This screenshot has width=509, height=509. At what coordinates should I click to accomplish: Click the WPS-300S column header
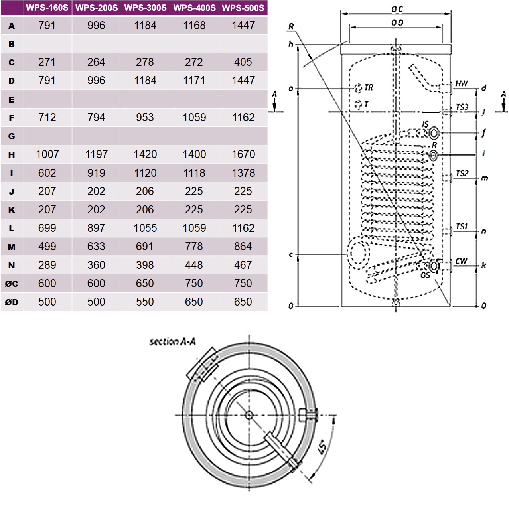(145, 8)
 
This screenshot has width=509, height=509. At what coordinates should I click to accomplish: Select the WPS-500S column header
(243, 8)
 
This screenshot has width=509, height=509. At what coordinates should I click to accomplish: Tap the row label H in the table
(12, 154)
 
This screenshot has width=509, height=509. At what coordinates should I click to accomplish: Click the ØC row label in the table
(12, 284)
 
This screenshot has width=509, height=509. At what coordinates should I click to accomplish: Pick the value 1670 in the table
(243, 154)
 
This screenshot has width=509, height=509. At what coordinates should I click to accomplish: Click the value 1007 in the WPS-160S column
(47, 154)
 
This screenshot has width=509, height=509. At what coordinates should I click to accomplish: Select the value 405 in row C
(243, 62)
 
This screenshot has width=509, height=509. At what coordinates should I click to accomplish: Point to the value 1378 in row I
(243, 173)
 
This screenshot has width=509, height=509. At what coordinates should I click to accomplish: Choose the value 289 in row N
(47, 265)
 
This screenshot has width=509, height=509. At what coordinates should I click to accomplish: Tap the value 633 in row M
(96, 247)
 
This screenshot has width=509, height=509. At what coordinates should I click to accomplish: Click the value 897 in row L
(96, 228)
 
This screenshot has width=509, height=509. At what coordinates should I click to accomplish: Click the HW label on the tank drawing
(462, 84)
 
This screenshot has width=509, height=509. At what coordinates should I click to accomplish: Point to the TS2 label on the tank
(462, 173)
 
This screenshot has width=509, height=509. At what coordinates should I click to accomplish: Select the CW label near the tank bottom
(461, 261)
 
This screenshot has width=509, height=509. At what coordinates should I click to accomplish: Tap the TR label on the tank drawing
(369, 88)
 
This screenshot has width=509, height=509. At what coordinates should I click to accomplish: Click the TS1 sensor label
(462, 227)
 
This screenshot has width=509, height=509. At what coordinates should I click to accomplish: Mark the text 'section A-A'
(172, 342)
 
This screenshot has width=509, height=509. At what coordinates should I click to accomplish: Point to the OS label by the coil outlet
(425, 275)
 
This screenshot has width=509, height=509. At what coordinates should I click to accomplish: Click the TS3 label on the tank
(462, 107)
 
